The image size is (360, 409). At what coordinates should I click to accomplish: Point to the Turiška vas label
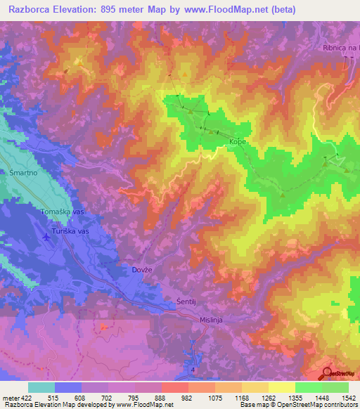[x=70, y=231]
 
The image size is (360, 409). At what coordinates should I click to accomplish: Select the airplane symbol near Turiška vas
[x=46, y=237]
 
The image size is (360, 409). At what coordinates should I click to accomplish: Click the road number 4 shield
[x=191, y=369]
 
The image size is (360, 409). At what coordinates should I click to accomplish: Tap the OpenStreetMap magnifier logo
[x=326, y=372]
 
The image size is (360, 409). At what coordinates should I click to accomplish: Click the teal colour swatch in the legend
[x=41, y=387]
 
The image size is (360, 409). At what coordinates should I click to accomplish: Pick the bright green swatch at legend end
[x=335, y=387]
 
